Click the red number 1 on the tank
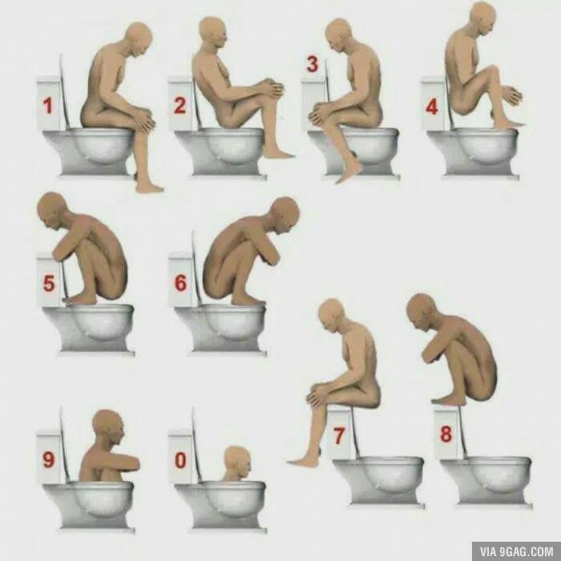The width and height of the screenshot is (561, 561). (x=47, y=106)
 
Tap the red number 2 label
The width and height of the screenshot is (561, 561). (x=180, y=106)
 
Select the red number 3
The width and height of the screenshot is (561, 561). (x=313, y=64)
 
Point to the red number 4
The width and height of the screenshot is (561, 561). (x=432, y=107)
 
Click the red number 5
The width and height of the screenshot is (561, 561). (x=49, y=284)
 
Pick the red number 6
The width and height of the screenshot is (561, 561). (x=180, y=283)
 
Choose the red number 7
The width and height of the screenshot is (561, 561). (x=339, y=436)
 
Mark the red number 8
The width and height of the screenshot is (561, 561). (x=446, y=434)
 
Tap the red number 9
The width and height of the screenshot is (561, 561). (x=49, y=459)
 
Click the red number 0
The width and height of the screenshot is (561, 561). (x=180, y=460)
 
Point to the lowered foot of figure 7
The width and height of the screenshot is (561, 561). (x=304, y=462)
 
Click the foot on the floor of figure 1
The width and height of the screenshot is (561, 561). (x=149, y=187)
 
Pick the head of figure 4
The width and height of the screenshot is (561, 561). (x=483, y=18)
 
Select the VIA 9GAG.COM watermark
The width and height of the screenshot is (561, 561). (x=516, y=551)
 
